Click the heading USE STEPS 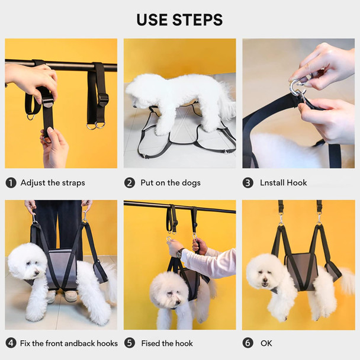coord(179,20)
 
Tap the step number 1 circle coord(11,182)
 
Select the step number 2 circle coord(130,182)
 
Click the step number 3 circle coord(248,182)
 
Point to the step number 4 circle coord(11,343)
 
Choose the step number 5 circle coord(130,343)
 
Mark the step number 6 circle coord(248,343)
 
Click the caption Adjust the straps coord(53,182)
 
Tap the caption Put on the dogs coord(170,182)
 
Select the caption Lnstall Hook coord(284,182)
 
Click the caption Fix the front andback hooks coord(69,343)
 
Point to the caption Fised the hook coord(166,343)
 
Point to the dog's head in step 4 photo coord(27,263)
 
